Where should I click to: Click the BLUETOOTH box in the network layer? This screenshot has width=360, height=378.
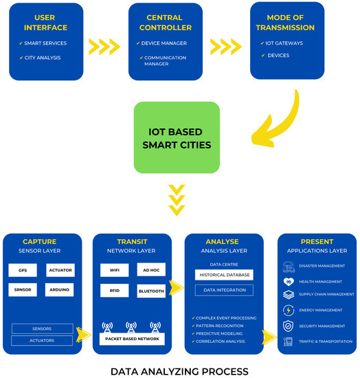(x=150, y=291)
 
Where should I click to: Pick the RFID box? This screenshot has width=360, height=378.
(x=113, y=291)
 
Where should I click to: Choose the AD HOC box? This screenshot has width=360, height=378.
(x=150, y=270)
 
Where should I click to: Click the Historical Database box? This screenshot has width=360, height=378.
(x=224, y=275)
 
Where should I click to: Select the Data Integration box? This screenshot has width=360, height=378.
(x=224, y=291)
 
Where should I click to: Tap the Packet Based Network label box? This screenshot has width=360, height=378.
(x=132, y=339)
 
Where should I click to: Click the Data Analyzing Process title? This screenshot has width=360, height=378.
(x=179, y=371)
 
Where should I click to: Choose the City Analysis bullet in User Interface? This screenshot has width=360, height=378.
(x=43, y=57)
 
